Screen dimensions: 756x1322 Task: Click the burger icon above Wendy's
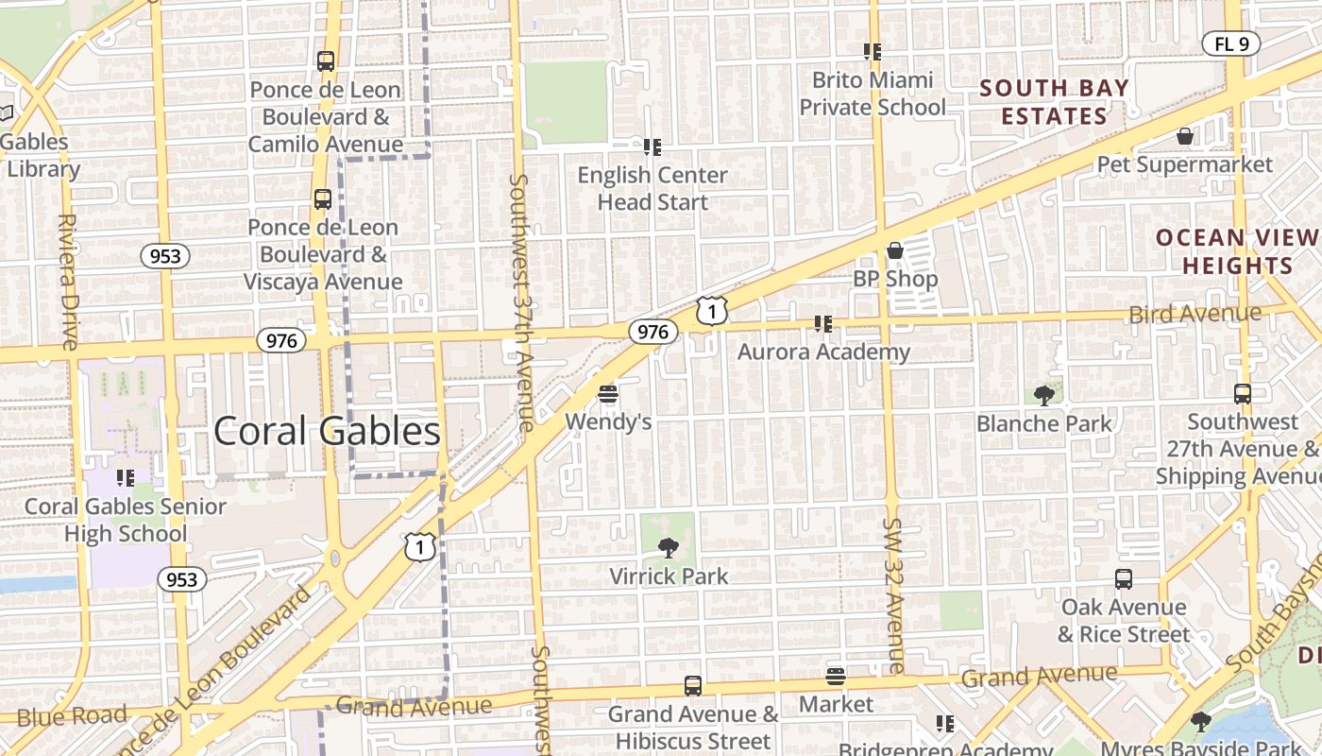pos(608,393)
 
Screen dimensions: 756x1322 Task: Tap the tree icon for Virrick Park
pos(669,547)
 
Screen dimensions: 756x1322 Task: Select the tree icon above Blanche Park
pos(1044,395)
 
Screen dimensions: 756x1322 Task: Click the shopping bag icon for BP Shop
pos(894,250)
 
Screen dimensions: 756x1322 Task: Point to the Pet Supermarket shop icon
pos(1185,137)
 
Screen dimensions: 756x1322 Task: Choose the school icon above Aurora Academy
pos(823,324)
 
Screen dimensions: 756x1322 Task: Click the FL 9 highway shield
pos(1230,43)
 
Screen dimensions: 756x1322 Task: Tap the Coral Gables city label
pos(327,432)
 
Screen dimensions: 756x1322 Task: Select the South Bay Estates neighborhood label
pos(1054,103)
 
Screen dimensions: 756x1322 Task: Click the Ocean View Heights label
pos(1237,252)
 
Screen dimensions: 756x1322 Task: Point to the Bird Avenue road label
pos(1195,314)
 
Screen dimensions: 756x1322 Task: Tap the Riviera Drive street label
pos(67,282)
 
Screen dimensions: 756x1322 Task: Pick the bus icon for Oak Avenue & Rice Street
pos(1124,579)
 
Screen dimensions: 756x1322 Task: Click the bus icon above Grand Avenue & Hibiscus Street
pos(693,686)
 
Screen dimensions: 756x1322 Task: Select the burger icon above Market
pos(836,677)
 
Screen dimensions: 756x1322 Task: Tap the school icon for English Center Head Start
pos(652,146)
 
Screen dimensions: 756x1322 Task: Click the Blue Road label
pos(72,716)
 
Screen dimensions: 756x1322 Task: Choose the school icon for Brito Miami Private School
pos(872,51)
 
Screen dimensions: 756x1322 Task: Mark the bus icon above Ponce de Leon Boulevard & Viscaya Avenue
pos(323,199)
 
